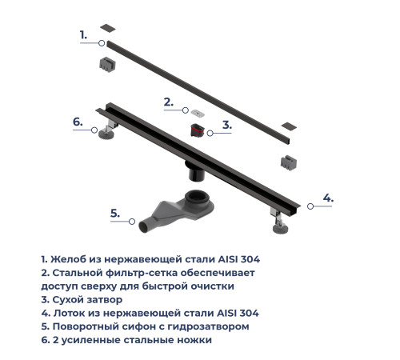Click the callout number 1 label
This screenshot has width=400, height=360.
pyautogui.click(x=83, y=35)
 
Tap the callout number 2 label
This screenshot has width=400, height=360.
pyautogui.click(x=169, y=102)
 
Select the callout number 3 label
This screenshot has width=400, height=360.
pyautogui.click(x=227, y=125)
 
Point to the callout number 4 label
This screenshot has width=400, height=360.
pyautogui.click(x=328, y=198)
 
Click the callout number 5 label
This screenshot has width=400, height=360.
pyautogui.click(x=115, y=214)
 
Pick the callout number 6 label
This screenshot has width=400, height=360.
pyautogui.click(x=78, y=122)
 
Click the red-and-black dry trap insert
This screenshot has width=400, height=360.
pyautogui.click(x=198, y=130)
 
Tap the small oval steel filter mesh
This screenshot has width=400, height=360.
pyautogui.click(x=198, y=114)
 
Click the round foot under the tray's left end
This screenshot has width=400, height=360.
pyautogui.click(x=106, y=134)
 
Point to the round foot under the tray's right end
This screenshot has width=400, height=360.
pyautogui.click(x=281, y=229)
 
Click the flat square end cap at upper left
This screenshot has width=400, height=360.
pyautogui.click(x=108, y=28)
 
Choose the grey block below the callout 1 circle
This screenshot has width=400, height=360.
pyautogui.click(x=108, y=65)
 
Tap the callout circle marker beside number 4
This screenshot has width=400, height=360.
pyautogui.click(x=310, y=206)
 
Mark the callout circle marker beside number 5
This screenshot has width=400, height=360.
pyautogui.click(x=132, y=222)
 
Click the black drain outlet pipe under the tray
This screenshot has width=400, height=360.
pyautogui.click(x=197, y=172)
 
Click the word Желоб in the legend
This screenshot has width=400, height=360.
pyautogui.click(x=69, y=259)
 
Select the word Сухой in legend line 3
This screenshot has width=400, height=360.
pyautogui.click(x=68, y=300)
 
